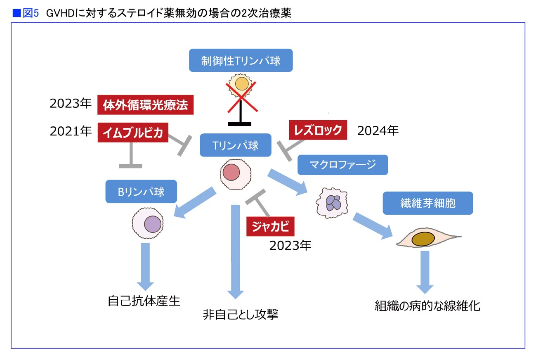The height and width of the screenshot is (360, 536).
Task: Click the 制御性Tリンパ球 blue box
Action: click(241, 60)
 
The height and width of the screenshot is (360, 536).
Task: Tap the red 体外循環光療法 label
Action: click(146, 105)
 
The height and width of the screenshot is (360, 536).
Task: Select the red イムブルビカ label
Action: click(133, 133)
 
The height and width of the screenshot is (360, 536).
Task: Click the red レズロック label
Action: click(318, 130)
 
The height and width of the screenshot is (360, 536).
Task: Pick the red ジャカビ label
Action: click(270, 226)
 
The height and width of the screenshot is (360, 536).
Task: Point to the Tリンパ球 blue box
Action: click(236, 145)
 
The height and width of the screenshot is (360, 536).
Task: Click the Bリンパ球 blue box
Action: click(141, 192)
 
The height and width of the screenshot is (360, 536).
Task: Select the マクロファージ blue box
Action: click(342, 165)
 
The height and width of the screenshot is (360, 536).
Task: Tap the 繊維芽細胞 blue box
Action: click(428, 203)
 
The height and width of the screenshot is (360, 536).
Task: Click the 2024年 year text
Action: click(378, 131)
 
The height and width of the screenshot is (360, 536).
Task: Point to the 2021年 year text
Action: click(71, 131)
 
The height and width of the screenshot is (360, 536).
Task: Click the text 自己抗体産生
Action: click(144, 301)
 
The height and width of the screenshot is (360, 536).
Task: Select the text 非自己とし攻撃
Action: click(241, 314)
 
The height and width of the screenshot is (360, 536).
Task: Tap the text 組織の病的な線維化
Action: click(427, 306)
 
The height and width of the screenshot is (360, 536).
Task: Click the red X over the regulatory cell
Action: click(242, 97)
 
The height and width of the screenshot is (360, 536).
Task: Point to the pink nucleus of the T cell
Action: click(231, 172)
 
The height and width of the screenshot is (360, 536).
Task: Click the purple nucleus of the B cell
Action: click(153, 224)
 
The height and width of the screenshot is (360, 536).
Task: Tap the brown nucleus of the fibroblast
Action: click(423, 239)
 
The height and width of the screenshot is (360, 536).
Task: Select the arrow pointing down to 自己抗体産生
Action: click(145, 267)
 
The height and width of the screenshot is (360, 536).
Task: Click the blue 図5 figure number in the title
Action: click(31, 13)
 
